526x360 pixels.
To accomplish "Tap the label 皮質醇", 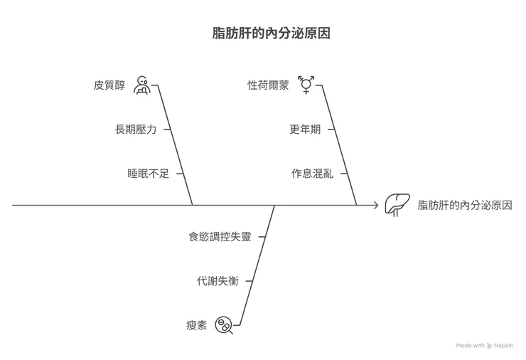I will click(109, 85).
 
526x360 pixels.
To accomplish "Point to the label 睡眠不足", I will click(148, 174).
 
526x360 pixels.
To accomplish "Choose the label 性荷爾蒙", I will click(268, 85).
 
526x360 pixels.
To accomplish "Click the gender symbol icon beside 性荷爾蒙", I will click(306, 85).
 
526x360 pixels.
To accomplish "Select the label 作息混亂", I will click(311, 174).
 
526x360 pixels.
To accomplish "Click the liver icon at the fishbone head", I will click(396, 204).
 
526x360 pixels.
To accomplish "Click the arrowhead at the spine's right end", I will click(375, 205).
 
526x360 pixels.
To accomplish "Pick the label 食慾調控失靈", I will click(220, 237).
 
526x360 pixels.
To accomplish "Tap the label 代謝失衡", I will click(218, 281).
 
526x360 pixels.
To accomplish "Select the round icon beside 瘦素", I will click(225, 325).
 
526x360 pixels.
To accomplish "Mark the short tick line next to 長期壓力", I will click(166, 129).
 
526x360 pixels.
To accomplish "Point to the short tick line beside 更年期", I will click(331, 129).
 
